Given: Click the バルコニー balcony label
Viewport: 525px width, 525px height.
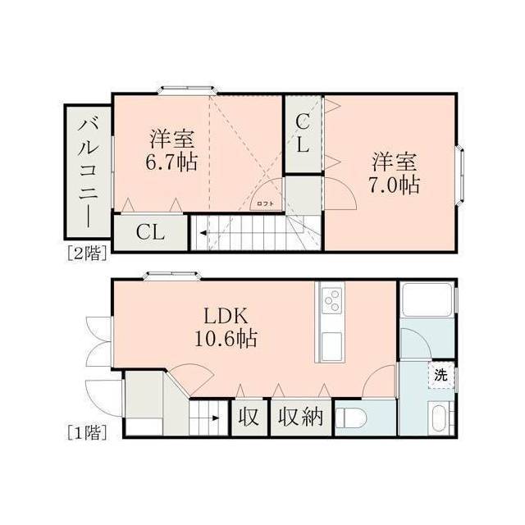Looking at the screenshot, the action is coord(88,173).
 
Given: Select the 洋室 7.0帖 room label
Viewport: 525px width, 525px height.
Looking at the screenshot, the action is coord(395,173).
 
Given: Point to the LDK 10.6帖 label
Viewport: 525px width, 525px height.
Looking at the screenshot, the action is coord(226,327).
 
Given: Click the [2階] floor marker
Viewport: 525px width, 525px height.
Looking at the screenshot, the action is coord(87,253).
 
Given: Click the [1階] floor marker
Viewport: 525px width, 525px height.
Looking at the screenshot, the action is coord(87,432).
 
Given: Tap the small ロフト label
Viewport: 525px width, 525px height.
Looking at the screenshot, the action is coord(266,203).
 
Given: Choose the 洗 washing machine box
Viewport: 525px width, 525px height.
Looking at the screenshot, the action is coord(441,375).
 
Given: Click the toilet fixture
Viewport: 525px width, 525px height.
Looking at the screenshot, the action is coord(351,418).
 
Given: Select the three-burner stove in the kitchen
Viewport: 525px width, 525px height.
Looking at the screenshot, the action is coord(331,301).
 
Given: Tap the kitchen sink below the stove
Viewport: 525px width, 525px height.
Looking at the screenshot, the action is coord(331,346).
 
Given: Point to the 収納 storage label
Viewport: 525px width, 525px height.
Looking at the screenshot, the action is coord(301,418).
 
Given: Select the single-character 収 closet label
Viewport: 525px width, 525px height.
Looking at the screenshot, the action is coord(249,418).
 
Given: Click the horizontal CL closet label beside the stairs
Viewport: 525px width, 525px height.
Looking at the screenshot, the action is coord(150,231).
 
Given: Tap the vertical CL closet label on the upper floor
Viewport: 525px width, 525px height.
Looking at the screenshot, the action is coord(303,133).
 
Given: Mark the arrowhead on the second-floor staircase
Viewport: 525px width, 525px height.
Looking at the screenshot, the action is coord(203,233).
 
